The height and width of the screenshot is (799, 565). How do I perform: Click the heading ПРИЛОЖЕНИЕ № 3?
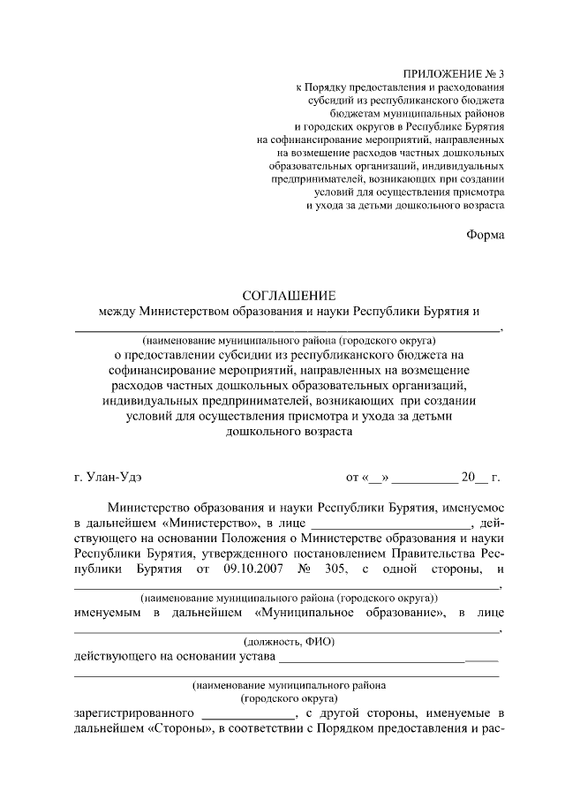pos(455,74)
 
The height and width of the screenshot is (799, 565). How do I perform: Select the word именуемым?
pos(112,612)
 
